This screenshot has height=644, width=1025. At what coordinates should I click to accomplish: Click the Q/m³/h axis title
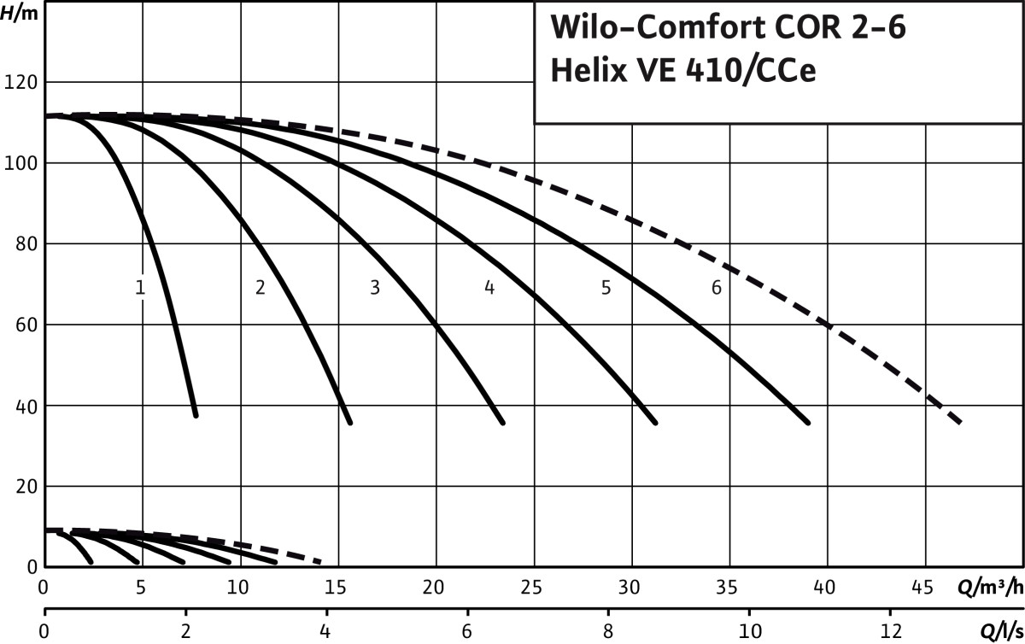point(991,588)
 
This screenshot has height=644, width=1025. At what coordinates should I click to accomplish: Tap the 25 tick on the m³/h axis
point(534,588)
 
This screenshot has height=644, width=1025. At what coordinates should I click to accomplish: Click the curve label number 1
point(140,288)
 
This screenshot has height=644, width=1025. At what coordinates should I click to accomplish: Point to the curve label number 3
point(374,288)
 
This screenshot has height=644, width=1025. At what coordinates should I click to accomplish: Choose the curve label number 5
point(606,288)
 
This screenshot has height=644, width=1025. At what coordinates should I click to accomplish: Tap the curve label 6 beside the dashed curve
point(716,288)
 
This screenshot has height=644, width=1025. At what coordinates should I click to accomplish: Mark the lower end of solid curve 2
point(349,421)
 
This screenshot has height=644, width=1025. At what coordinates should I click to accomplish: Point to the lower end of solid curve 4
point(655,422)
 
